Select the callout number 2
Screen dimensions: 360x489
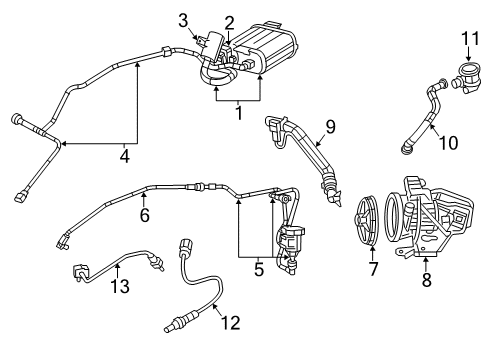[x=229, y=21]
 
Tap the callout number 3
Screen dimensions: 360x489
[x=183, y=19]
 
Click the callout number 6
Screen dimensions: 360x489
[x=144, y=213]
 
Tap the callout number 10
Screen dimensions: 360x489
[x=449, y=142]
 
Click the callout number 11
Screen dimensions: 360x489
[x=463, y=39]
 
